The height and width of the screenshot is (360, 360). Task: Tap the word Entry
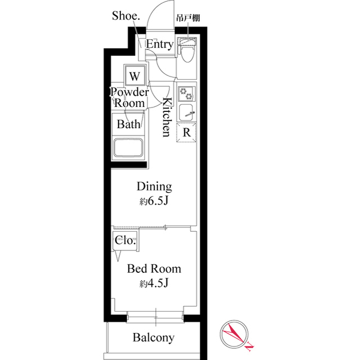pos(160,44)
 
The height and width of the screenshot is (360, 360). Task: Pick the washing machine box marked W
pos(134,75)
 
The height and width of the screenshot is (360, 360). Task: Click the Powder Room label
pos(129,97)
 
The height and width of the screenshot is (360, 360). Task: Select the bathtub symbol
pos(129,148)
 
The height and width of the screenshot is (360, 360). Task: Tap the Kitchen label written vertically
pos(167,117)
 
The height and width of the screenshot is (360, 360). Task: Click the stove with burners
pos(186,93)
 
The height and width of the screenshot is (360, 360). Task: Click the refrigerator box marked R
pos(186,133)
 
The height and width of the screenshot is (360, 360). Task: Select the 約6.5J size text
pos(154,201)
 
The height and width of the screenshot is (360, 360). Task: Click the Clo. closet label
pos(125,240)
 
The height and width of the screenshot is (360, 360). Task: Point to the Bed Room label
pos(154,269)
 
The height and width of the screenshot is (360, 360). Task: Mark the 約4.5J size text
pos(154,283)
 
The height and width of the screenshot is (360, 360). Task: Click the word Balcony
pos(154,338)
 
